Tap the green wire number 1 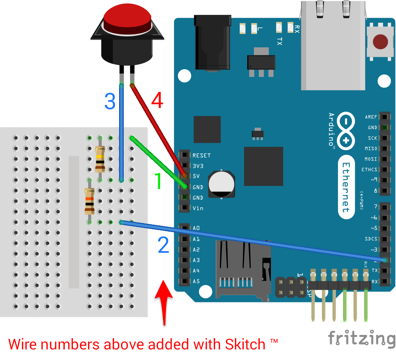pos(157,181)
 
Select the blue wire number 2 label pos(163,245)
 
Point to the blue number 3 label pos(110,101)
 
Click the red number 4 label pos(157,101)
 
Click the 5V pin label pos(197,176)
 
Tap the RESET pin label pos(201,155)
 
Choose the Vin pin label pos(198,208)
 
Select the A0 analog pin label pos(196,228)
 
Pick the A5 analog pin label pos(196,281)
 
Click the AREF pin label pos(371,117)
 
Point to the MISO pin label pos(371,149)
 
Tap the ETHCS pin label pos(369,170)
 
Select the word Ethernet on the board pos(345,188)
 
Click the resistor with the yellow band pos(100,159)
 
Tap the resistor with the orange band pos(90,200)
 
